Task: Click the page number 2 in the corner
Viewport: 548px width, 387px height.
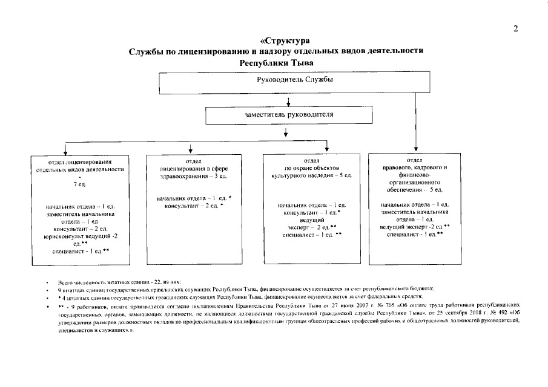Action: point(515,28)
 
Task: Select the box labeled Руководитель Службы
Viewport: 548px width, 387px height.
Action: point(286,80)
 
